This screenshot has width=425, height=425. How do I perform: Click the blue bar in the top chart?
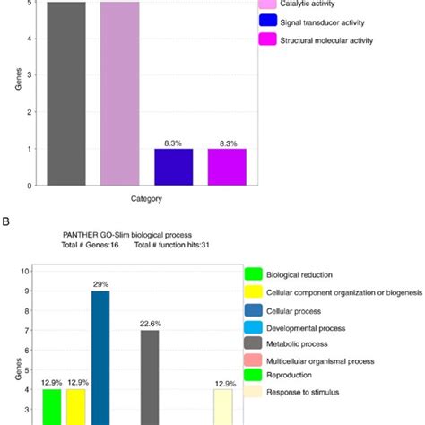173,167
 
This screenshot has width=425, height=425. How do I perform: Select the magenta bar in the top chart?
227,167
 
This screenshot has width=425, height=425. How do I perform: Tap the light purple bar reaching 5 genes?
119,93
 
